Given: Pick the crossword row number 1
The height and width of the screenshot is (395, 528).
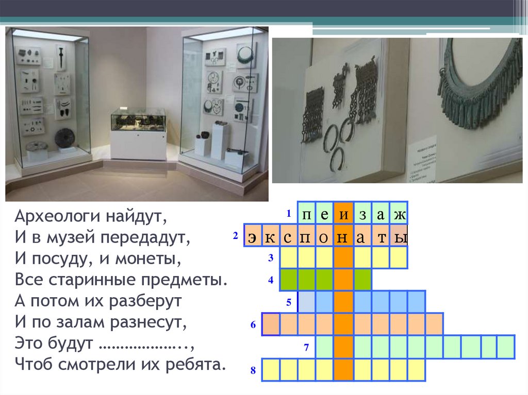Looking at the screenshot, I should pyautogui.click(x=289, y=213).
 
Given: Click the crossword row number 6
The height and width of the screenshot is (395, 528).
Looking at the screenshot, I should pyautogui.click(x=253, y=325).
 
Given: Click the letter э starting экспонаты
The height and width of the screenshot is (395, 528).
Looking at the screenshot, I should pyautogui.click(x=252, y=236).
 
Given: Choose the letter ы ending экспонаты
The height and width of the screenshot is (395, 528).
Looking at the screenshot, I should pyautogui.click(x=400, y=236).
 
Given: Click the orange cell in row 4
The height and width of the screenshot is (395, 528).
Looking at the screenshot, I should pyautogui.click(x=343, y=280).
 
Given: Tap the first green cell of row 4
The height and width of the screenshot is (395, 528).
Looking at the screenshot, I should pyautogui.click(x=289, y=280).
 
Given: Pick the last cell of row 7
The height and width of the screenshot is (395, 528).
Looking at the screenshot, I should pyautogui.click(x=506, y=347).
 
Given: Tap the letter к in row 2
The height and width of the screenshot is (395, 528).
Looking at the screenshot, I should pyautogui.click(x=271, y=236).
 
